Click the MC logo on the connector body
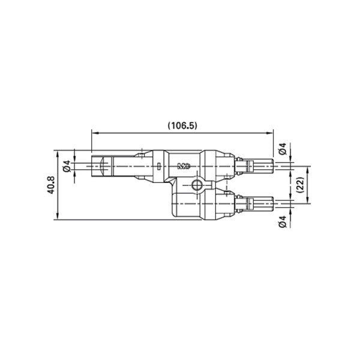[184, 165]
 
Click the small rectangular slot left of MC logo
[158, 166]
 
